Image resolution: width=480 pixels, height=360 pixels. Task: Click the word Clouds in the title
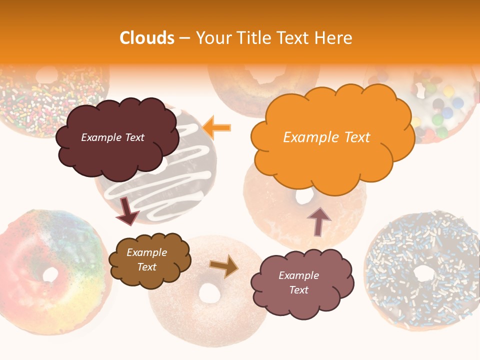pyautogui.click(x=147, y=38)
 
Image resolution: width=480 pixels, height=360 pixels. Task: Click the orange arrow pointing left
pyautogui.click(x=217, y=127)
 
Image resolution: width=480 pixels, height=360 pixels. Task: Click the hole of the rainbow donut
pyautogui.click(x=50, y=274)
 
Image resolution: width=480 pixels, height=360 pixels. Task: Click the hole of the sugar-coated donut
pyautogui.click(x=209, y=293)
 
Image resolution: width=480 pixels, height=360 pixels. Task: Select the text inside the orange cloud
pyautogui.click(x=326, y=137)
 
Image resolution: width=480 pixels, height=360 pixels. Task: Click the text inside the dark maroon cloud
pyautogui.click(x=112, y=137)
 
